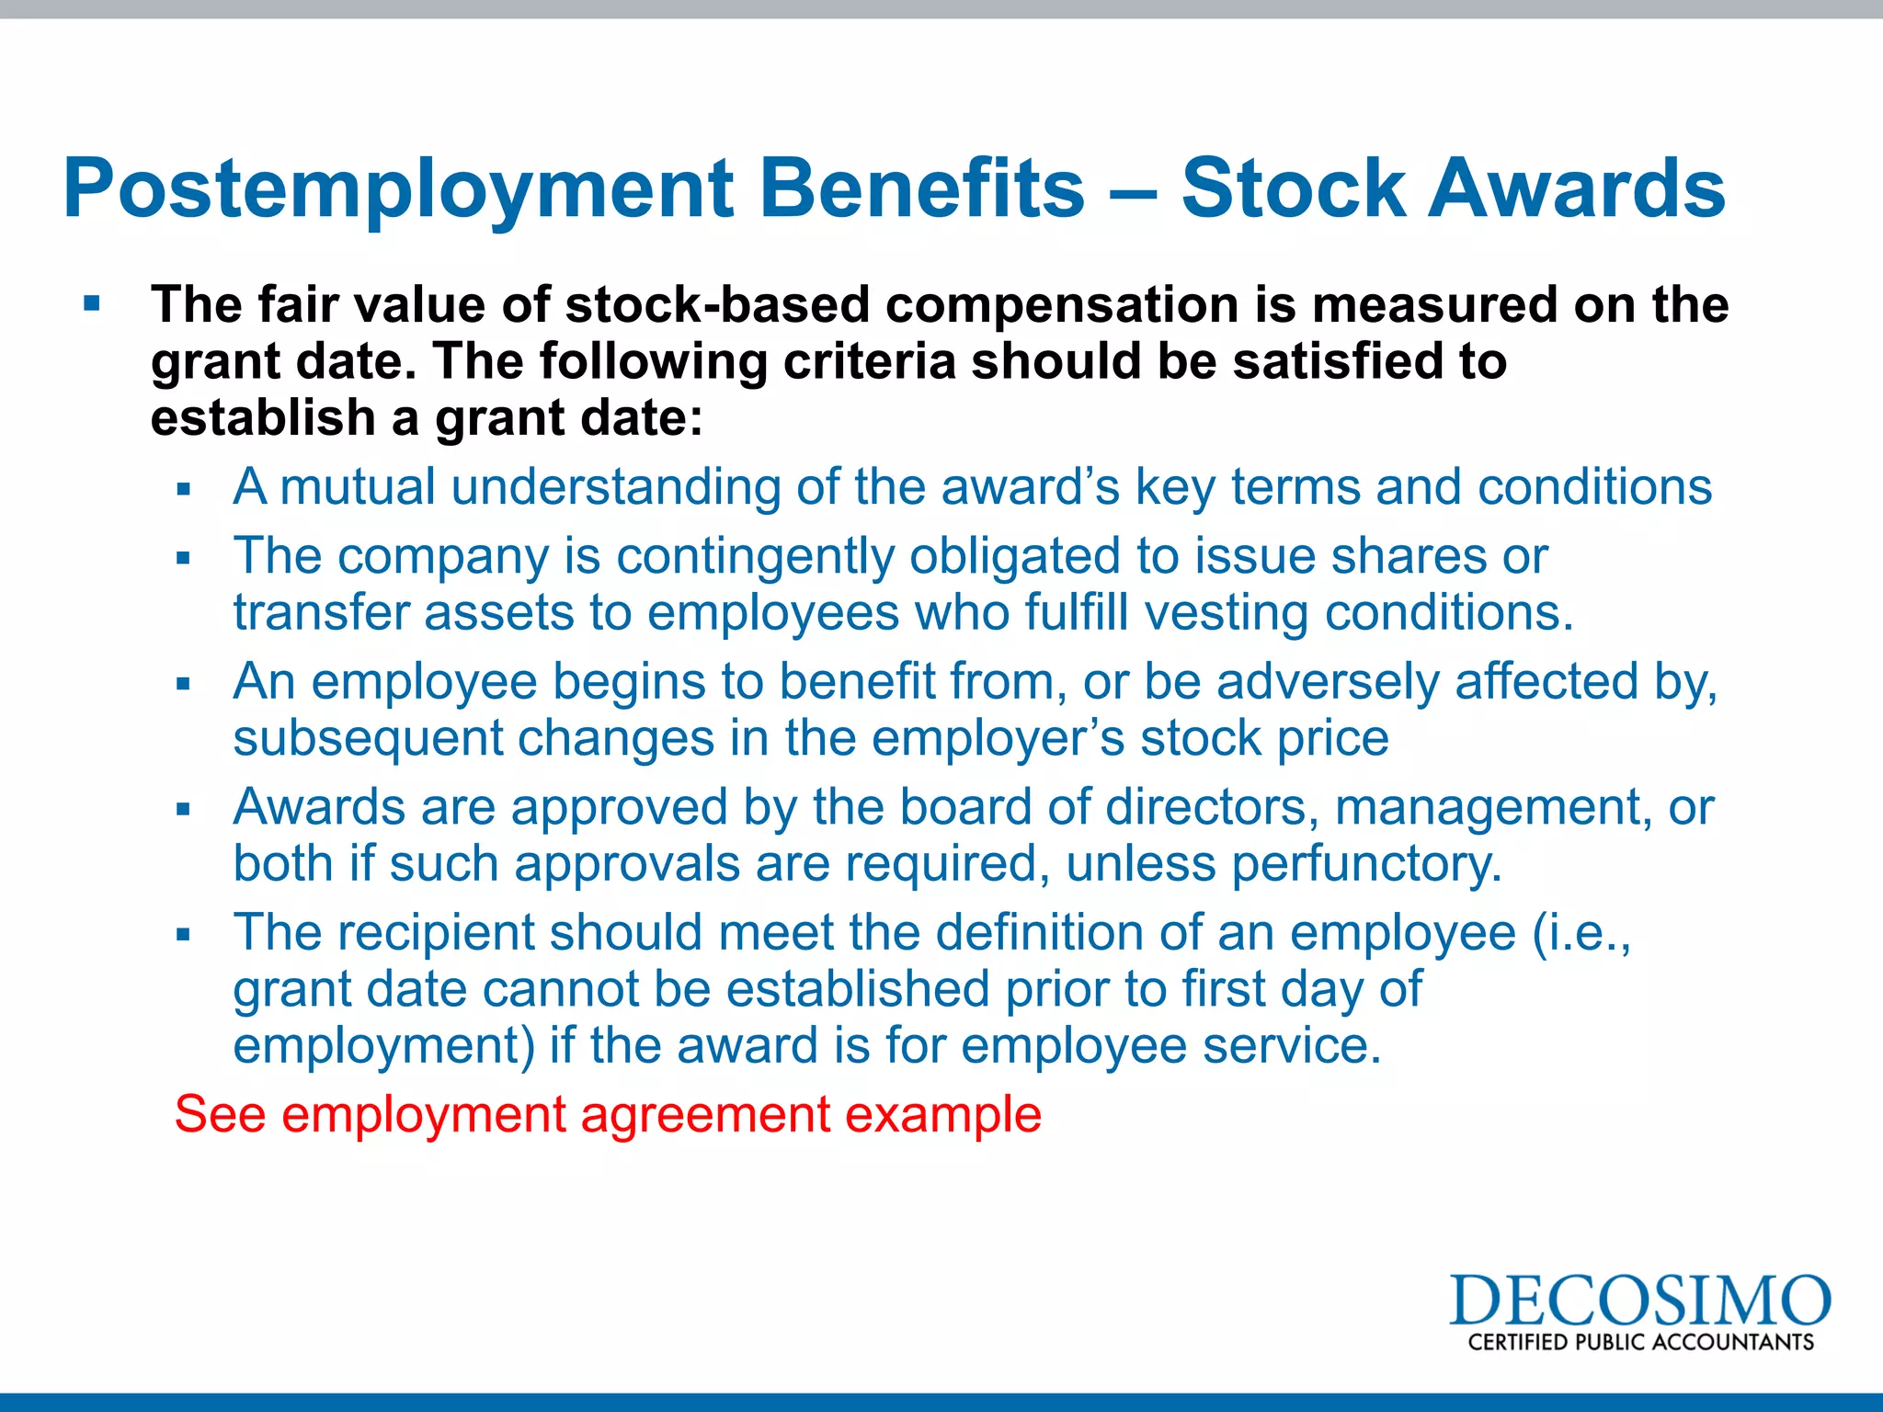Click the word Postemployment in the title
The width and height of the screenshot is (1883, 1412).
[397, 189]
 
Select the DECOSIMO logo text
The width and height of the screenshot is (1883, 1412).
[1639, 1302]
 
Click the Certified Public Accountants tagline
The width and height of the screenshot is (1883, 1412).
[1640, 1342]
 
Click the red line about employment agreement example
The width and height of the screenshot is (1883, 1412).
[608, 1114]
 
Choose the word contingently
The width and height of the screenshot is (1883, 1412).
[755, 556]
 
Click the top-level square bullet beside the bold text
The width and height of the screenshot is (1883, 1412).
[92, 303]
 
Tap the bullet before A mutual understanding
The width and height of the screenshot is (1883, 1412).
[184, 489]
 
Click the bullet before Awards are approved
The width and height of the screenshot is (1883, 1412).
[184, 809]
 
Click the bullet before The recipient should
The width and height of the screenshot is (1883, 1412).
[184, 935]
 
